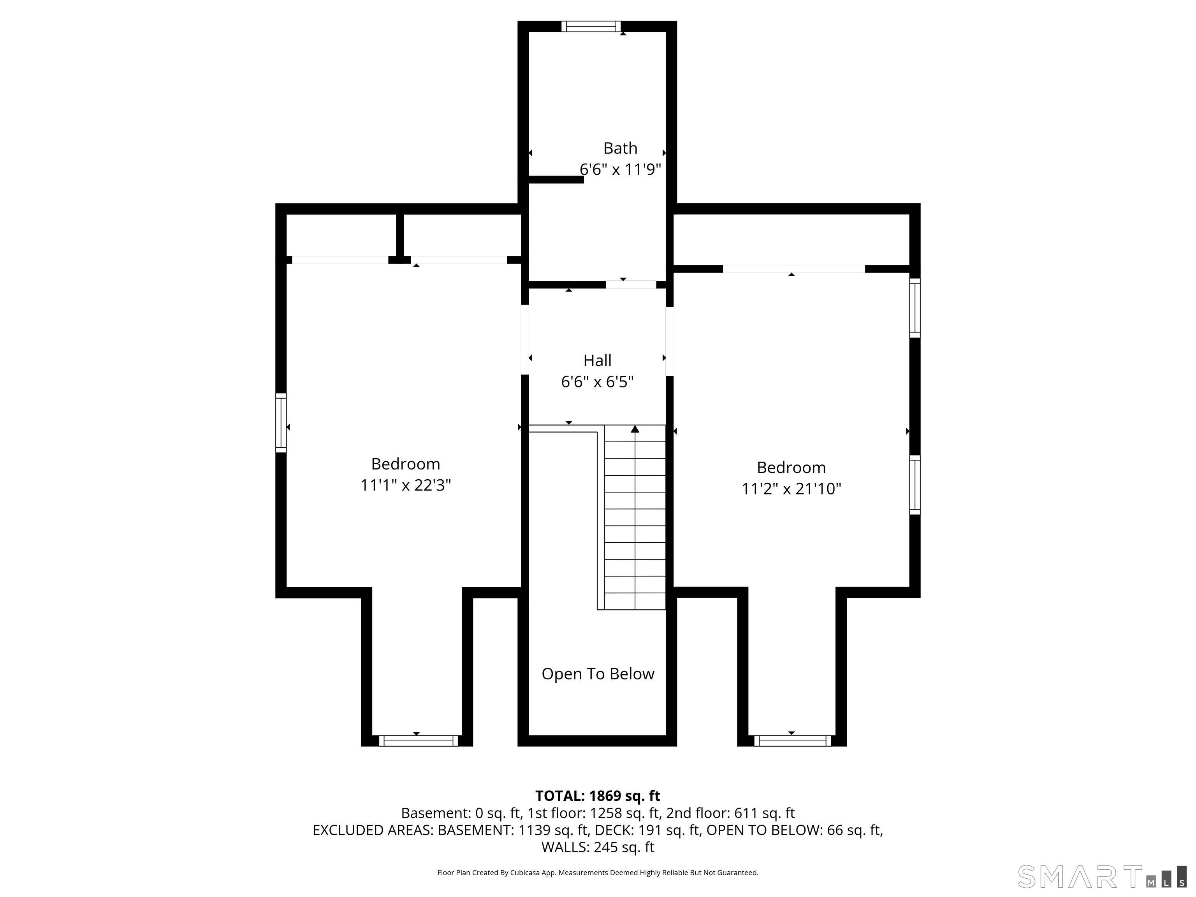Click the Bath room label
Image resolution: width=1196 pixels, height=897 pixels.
(x=620, y=148)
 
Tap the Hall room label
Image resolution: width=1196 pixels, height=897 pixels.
(x=598, y=361)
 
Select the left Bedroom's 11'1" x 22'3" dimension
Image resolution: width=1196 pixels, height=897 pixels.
(x=406, y=485)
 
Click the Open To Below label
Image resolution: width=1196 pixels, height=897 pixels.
(x=598, y=674)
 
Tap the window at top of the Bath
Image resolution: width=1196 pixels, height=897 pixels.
(x=591, y=26)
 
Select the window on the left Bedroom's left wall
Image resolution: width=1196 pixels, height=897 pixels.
(x=281, y=423)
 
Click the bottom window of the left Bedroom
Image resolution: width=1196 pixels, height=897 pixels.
(x=418, y=741)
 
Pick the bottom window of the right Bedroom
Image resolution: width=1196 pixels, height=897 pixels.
(x=792, y=741)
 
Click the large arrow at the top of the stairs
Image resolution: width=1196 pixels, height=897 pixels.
(x=635, y=429)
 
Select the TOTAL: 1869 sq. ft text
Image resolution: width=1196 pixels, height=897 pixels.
(x=598, y=796)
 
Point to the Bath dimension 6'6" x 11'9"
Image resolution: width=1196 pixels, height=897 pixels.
(x=621, y=170)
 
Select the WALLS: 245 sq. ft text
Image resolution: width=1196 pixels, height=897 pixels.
(x=598, y=847)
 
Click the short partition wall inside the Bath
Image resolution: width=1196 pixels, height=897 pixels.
(x=556, y=180)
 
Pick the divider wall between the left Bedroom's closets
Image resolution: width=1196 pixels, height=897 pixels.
(x=400, y=236)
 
